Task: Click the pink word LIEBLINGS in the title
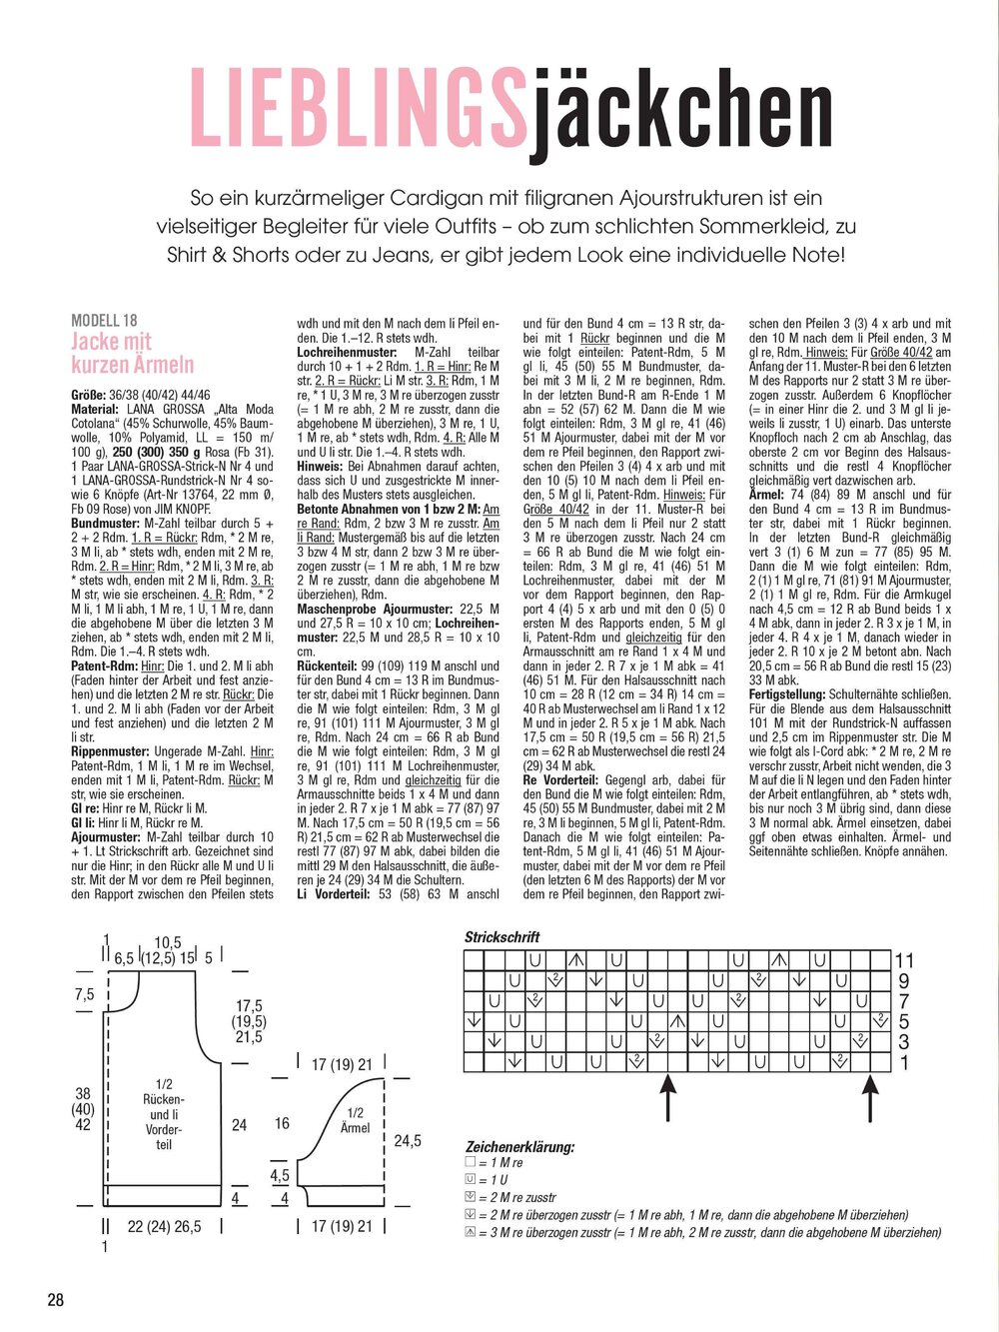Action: point(357,109)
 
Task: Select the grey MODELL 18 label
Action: point(104,321)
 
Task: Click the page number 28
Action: point(55,1299)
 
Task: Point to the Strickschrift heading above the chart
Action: point(501,937)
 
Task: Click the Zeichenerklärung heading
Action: point(519,1147)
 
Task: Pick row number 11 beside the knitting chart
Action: point(904,961)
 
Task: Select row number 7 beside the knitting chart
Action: point(904,1001)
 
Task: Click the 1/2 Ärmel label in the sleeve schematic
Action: point(355,1120)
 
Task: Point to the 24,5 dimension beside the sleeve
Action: point(407,1140)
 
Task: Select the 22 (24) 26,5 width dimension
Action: point(164,1227)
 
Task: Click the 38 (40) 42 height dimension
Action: point(83,1109)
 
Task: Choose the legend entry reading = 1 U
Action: point(496,1180)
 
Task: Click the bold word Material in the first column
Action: point(95,410)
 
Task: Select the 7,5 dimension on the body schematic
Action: point(84,994)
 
